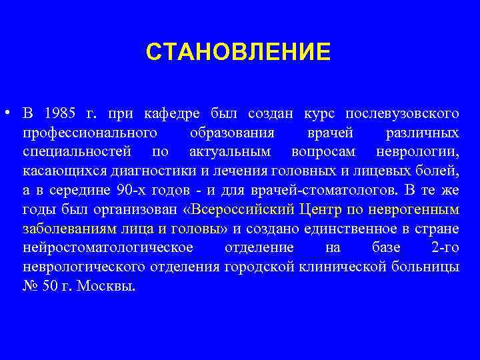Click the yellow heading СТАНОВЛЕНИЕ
pyautogui.click(x=238, y=51)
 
